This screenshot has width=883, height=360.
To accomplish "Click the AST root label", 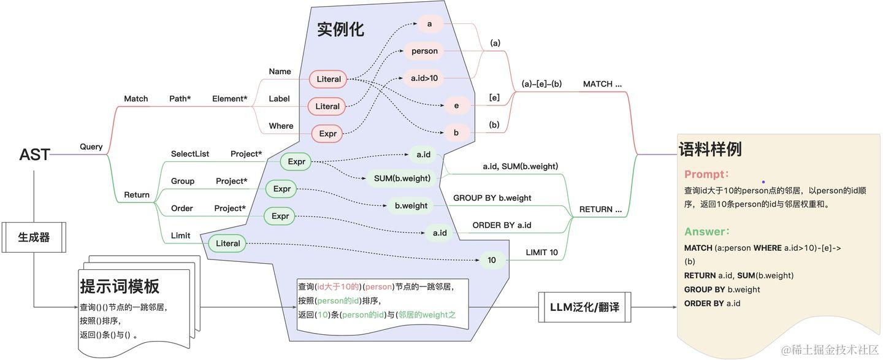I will [x=34, y=155].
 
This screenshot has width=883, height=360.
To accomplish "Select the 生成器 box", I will [x=34, y=237].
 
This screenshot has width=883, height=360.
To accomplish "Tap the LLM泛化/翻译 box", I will [x=584, y=307].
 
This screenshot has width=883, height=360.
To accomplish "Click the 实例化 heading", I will [x=340, y=29].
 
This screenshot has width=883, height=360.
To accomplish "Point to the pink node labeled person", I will [x=424, y=51].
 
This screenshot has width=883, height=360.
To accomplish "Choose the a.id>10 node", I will [x=424, y=78].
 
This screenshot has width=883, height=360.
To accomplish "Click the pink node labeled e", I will [x=457, y=105].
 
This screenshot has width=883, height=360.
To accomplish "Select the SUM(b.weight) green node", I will [x=402, y=178].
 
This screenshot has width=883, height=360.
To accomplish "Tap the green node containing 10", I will [x=492, y=260].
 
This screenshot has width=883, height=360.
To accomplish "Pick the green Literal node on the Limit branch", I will [x=228, y=243].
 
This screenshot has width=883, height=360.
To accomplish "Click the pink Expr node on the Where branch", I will [x=328, y=133].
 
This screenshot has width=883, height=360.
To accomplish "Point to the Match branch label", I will [x=136, y=99].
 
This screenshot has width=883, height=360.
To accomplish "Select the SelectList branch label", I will [x=190, y=154].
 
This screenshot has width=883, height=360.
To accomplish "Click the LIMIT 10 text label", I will [x=541, y=253].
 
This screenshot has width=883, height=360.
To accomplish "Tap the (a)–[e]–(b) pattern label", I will [x=541, y=84].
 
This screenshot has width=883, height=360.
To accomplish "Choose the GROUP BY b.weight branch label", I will [x=492, y=198].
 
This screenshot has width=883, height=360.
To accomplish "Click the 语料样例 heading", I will [x=710, y=149].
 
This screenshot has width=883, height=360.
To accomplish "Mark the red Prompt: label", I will [x=706, y=174].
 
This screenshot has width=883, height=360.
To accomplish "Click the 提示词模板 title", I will [x=120, y=286].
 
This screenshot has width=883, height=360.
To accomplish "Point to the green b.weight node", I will [x=411, y=205].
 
